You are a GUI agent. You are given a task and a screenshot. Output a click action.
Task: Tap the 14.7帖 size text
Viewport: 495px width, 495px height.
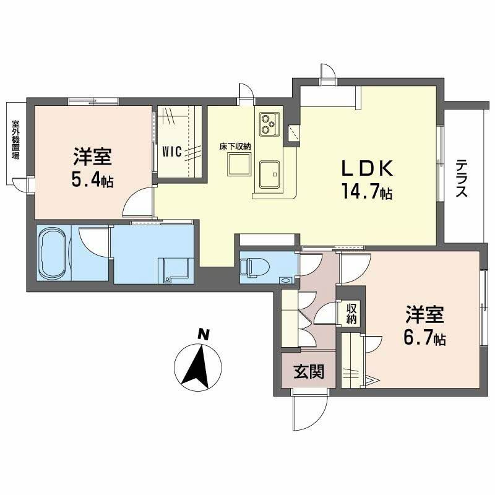[366, 192]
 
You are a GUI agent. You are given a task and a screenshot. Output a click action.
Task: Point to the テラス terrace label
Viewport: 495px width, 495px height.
[462, 179]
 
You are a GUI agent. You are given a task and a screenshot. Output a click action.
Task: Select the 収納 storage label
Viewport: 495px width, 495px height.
[351, 314]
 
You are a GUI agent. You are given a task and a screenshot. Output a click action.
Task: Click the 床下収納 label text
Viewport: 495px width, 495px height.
[235, 147]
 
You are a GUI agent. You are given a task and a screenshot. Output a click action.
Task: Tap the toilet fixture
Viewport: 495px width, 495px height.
[254, 267]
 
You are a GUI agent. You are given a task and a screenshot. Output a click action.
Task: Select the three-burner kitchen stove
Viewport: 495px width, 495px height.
[269, 123]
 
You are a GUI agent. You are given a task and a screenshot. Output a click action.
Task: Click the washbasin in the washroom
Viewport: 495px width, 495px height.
[171, 270]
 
